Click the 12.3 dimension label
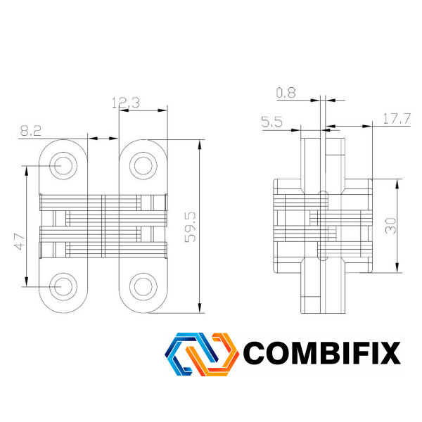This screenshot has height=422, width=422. tap(126, 103)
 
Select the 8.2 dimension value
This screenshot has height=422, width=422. tap(31, 131)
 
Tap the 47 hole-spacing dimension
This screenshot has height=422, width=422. tap(20, 242)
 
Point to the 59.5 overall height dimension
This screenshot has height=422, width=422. tap(191, 227)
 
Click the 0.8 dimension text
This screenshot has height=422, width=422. tap(286, 93)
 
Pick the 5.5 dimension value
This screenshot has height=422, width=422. tap(271, 122)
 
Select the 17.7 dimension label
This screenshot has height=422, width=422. tap(397, 119)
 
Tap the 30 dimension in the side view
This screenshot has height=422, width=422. tap(391, 226)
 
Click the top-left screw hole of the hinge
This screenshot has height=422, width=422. tap(63, 165)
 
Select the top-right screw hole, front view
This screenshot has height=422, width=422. tap(143, 165)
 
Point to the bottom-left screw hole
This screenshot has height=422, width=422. tap(63, 287)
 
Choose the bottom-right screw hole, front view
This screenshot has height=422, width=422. tap(143, 287)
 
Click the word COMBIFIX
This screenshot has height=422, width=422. tap(322, 353)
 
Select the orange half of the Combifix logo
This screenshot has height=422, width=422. tap(212, 354)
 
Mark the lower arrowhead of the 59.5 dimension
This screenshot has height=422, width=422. tap(200, 308)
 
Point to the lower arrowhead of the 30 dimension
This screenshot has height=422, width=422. tap(397, 268)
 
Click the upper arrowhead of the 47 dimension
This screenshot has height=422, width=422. tap(27, 171)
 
